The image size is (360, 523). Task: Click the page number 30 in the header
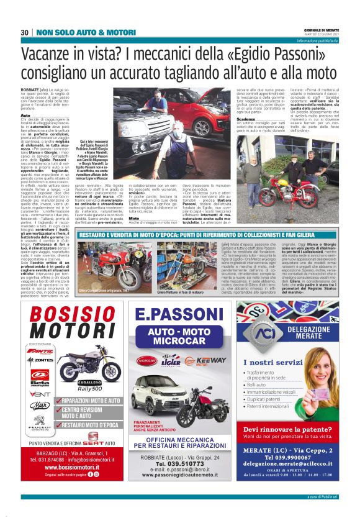coord(25,32)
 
